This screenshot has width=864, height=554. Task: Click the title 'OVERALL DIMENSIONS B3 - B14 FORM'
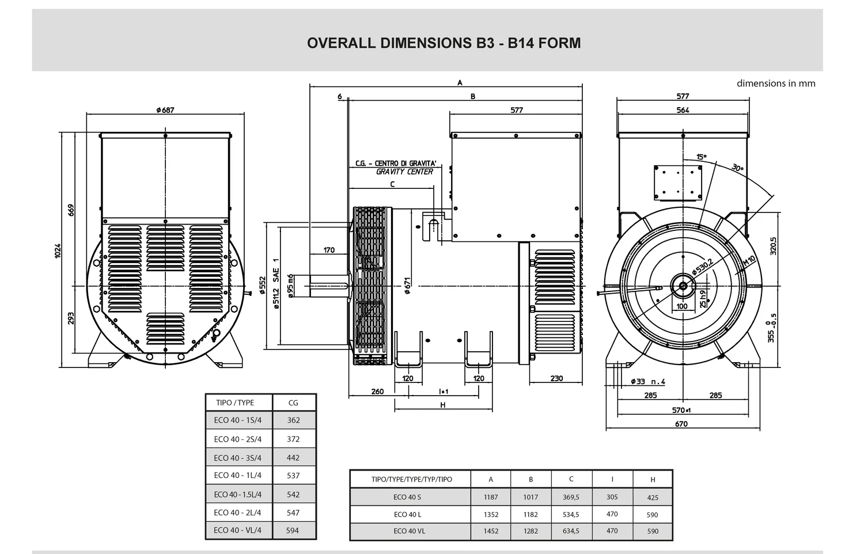[444, 43]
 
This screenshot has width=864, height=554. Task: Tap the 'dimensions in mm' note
[776, 84]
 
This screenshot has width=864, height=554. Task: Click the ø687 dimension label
[165, 110]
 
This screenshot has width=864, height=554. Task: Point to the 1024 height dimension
[58, 251]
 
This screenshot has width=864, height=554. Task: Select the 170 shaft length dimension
[329, 250]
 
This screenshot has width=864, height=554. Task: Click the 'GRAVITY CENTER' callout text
[404, 172]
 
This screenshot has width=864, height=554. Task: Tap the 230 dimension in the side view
[556, 378]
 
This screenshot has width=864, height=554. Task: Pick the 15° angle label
[701, 157]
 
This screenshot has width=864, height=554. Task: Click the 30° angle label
[737, 168]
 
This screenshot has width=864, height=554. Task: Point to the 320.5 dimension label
[773, 245]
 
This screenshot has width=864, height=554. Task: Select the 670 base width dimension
[681, 424]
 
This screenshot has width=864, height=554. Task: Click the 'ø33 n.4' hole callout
[648, 381]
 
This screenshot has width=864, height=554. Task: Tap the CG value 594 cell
[293, 530]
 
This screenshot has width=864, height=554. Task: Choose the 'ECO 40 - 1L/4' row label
[237, 476]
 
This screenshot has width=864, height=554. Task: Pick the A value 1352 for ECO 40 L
[491, 514]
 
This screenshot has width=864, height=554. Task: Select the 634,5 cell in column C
[571, 531]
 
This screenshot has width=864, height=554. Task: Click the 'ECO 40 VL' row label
[407, 531]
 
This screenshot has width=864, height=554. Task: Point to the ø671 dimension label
[407, 286]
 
